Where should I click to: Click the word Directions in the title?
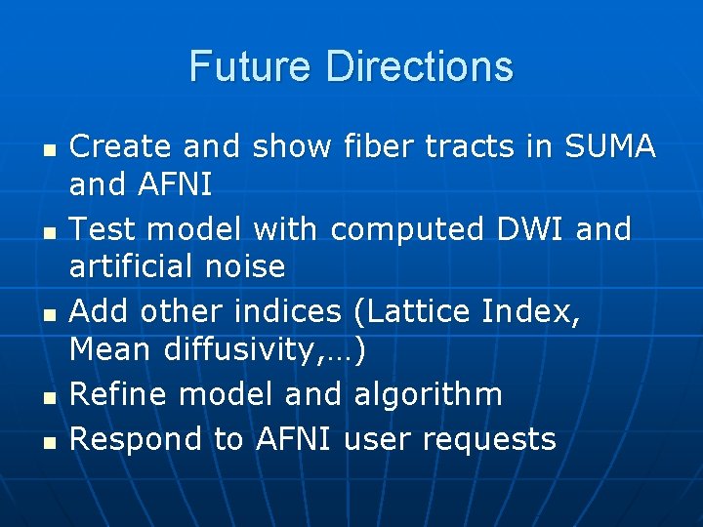pyautogui.click(x=420, y=66)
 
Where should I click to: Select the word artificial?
pyautogui.click(x=135, y=265)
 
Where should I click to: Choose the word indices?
pyautogui.click(x=289, y=312)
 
